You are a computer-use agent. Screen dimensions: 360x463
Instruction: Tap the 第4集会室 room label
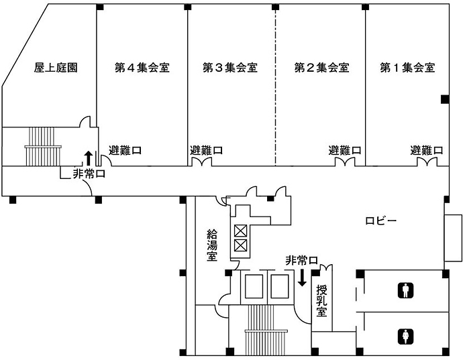(142, 68)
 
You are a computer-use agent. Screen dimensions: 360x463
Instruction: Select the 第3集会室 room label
(230, 68)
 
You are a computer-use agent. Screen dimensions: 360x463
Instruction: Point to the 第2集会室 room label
(321, 68)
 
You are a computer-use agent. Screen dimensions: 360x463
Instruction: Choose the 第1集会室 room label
(407, 68)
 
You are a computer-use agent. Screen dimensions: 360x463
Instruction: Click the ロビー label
(381, 221)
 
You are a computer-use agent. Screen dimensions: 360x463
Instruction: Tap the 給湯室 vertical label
(211, 245)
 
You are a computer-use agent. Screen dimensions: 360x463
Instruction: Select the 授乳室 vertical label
(321, 302)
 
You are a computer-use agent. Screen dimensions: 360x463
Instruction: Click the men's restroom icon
(405, 291)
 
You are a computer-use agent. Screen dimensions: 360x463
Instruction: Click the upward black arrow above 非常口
(88, 158)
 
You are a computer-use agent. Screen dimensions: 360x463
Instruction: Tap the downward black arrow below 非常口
(303, 276)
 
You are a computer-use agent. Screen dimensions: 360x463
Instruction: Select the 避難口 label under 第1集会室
(426, 150)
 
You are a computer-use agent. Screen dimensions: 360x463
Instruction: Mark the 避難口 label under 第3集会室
(207, 150)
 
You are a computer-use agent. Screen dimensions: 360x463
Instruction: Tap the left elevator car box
(255, 286)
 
